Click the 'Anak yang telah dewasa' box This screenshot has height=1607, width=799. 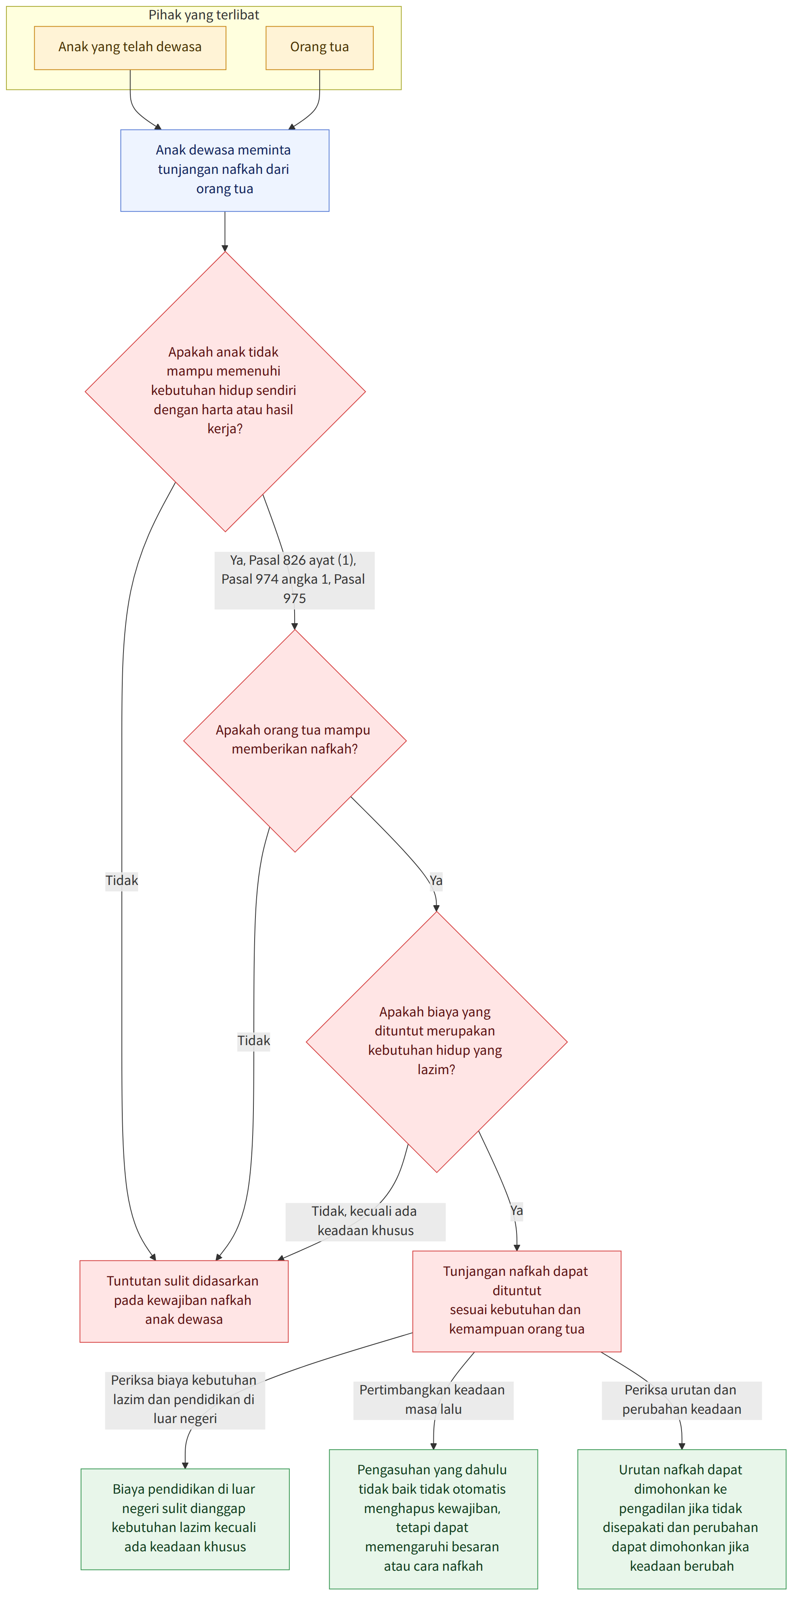tap(130, 48)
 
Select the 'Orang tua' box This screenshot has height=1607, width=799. tap(320, 48)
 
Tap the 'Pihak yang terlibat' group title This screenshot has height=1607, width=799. tap(203, 15)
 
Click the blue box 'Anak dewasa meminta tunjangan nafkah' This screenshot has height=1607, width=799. tap(225, 170)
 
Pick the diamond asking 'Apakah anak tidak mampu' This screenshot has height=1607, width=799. tap(225, 392)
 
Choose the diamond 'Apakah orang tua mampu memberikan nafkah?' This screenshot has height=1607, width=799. tap(295, 741)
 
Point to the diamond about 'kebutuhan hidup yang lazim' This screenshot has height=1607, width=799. tap(436, 1042)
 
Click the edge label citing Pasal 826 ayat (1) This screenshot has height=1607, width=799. tap(295, 580)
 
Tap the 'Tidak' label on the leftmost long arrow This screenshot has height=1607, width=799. tap(122, 881)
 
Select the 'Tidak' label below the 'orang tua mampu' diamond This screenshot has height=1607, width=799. tap(253, 1041)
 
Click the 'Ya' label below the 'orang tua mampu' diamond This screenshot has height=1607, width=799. tap(436, 881)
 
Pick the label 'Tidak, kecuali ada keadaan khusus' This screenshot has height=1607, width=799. tap(366, 1221)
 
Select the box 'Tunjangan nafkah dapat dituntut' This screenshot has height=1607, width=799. tap(517, 1301)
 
